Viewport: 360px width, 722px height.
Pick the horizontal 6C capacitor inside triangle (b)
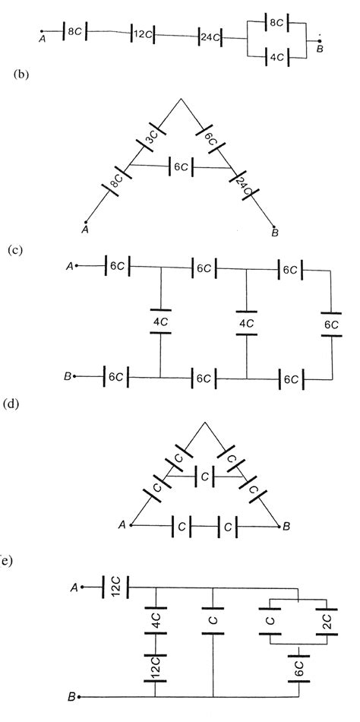pyautogui.click(x=182, y=166)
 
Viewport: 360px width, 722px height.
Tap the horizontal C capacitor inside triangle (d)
pyautogui.click(x=203, y=476)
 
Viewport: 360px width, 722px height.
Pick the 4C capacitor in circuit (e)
pyautogui.click(x=155, y=622)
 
